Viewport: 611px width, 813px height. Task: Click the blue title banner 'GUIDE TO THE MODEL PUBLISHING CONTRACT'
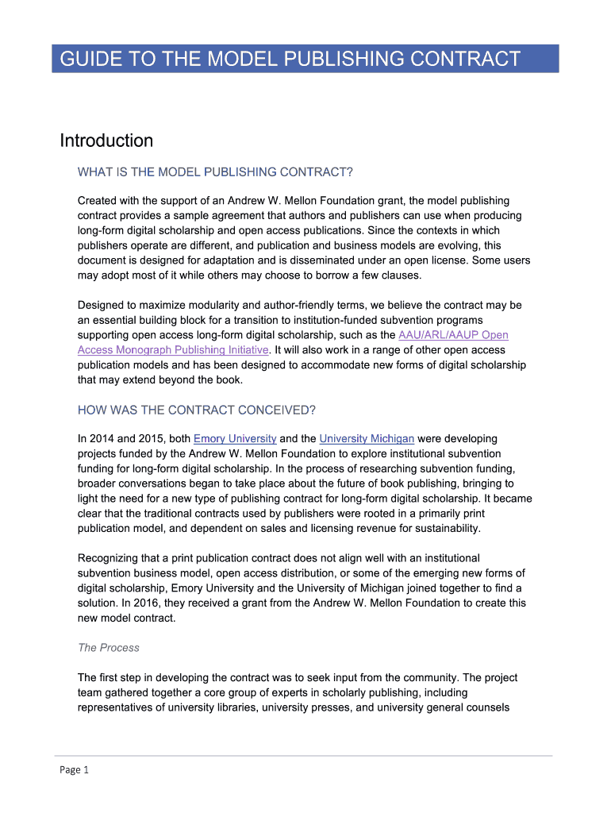coord(305,59)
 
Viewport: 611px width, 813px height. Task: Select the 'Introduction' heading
coord(106,141)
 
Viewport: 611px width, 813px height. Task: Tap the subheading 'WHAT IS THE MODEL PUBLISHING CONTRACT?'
coord(215,171)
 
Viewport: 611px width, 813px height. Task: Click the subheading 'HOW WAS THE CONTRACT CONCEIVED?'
coord(197,410)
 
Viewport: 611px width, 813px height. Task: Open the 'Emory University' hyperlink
coord(235,438)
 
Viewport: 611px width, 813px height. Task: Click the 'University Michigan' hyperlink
coord(367,438)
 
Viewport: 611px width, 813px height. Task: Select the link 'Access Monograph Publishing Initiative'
coord(173,350)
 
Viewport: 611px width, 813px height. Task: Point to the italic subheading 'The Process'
coord(108,648)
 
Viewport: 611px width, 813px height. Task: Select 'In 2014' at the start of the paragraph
coord(95,438)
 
